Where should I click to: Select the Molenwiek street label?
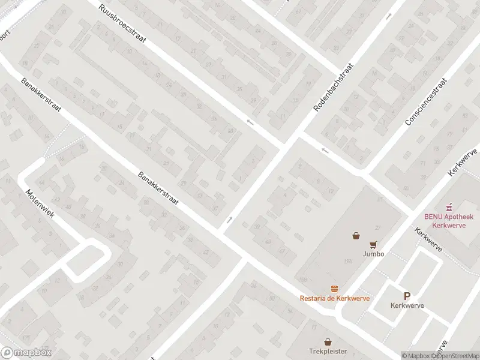click(39, 204)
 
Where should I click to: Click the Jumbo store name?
click(373, 254)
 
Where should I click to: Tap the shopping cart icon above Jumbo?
click(373, 244)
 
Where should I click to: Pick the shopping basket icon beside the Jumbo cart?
click(356, 236)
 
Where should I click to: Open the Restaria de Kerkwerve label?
click(335, 298)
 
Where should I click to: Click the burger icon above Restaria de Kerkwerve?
click(335, 289)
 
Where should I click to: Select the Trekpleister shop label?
click(328, 351)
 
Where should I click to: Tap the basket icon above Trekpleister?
click(328, 341)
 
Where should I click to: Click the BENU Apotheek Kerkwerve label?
click(449, 220)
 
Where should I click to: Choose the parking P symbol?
click(407, 296)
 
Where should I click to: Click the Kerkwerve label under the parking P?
click(407, 305)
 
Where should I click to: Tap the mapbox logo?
click(26, 353)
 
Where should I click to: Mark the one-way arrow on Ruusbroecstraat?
click(250, 122)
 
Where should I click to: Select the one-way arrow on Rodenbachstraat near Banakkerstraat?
click(229, 220)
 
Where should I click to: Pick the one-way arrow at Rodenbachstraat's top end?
click(389, 16)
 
